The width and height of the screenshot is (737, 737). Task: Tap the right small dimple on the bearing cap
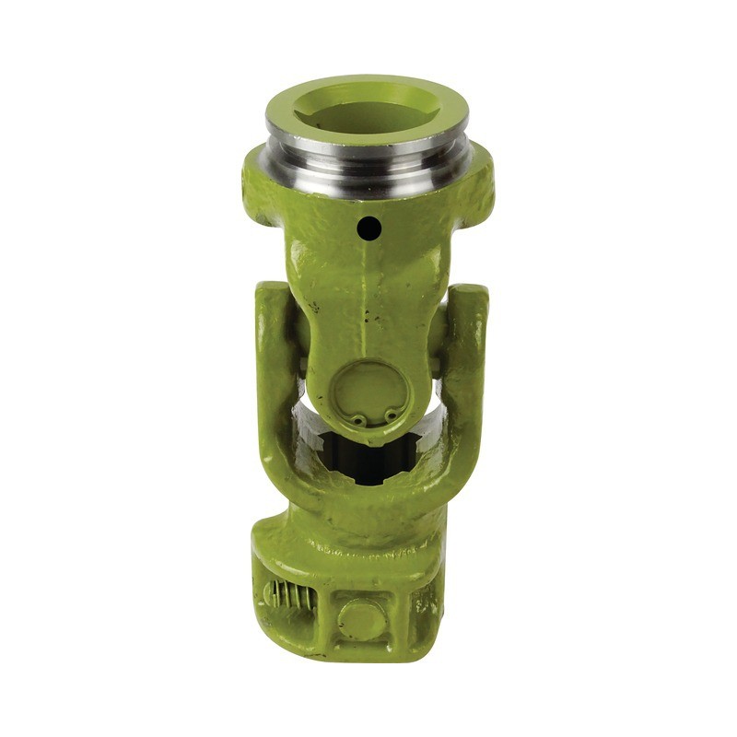click(391, 416)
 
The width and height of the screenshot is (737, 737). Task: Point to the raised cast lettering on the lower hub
click(368, 553)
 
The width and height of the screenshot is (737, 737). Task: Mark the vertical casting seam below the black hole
click(368, 295)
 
